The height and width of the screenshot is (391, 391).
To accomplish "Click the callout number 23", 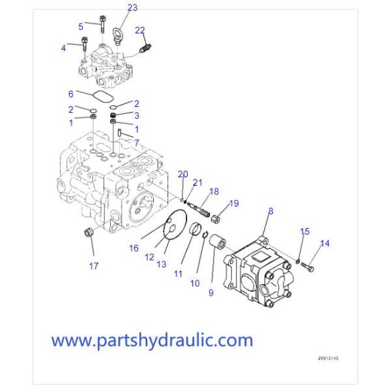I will pyautogui.click(x=132, y=8).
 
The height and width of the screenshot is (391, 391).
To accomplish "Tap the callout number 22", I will pyautogui.click(x=140, y=31).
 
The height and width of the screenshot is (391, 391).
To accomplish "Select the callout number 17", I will pyautogui.click(x=94, y=265).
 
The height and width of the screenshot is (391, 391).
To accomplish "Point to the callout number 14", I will pyautogui.click(x=324, y=244).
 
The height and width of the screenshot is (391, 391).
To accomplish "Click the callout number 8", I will pyautogui.click(x=270, y=211).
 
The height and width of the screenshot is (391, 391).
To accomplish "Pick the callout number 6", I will pyautogui.click(x=71, y=94).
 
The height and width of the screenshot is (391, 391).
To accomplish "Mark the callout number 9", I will pyautogui.click(x=211, y=293).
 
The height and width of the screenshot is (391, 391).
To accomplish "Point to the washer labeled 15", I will pyautogui.click(x=298, y=262).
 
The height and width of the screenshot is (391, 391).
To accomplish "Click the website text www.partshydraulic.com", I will pyautogui.click(x=152, y=340).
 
